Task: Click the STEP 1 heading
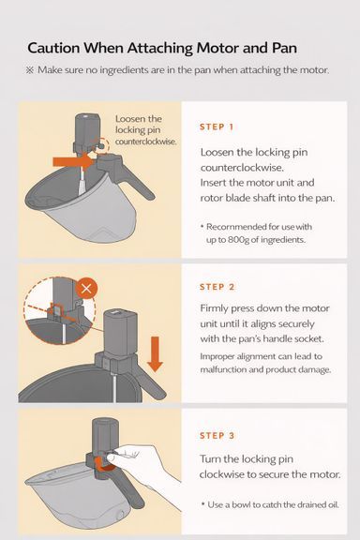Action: pyautogui.click(x=217, y=127)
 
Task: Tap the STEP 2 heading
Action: pyautogui.click(x=217, y=287)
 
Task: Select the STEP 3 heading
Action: pyautogui.click(x=217, y=436)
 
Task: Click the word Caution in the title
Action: pyautogui.click(x=53, y=48)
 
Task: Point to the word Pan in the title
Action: pyautogui.click(x=284, y=48)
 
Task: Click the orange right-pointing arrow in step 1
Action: pyautogui.click(x=75, y=161)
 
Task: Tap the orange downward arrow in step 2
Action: pyautogui.click(x=155, y=354)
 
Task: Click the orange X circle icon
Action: pyautogui.click(x=86, y=288)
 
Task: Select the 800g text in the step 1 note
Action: pyautogui.click(x=238, y=239)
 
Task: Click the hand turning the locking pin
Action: pyautogui.click(x=144, y=465)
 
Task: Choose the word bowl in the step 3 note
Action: pyautogui.click(x=241, y=504)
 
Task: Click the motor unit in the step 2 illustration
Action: pyautogui.click(x=120, y=334)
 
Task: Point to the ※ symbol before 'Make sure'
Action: pyautogui.click(x=30, y=70)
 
